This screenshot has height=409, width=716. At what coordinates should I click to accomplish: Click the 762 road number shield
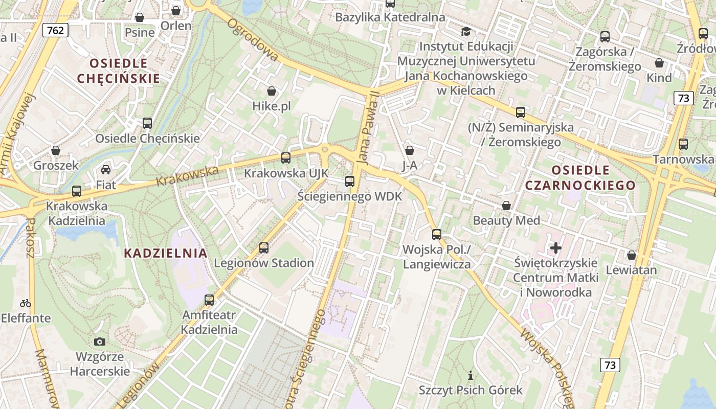(55, 30)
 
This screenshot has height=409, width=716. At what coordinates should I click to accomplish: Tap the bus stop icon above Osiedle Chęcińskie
(147, 123)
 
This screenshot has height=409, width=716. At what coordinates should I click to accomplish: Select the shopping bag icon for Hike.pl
(271, 92)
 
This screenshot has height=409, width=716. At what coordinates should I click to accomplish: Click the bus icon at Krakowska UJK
(286, 158)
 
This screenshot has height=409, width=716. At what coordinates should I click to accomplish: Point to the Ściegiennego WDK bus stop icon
(350, 181)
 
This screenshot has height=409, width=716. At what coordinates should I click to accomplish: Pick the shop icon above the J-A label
(409, 150)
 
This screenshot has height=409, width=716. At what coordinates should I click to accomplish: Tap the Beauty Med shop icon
(506, 206)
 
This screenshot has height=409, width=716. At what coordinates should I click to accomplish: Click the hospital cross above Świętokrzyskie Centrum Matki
(555, 248)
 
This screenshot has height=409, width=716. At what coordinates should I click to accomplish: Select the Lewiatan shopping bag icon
(631, 255)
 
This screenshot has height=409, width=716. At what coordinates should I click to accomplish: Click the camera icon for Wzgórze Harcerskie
(100, 342)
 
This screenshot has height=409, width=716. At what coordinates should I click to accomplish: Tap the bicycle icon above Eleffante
(26, 303)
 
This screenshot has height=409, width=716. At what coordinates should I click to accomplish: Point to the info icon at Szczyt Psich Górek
(471, 376)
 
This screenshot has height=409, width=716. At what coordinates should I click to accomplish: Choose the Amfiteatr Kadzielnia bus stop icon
(209, 300)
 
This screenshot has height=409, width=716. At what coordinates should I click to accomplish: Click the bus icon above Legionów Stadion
(264, 248)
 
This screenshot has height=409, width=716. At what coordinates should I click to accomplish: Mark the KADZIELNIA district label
(166, 253)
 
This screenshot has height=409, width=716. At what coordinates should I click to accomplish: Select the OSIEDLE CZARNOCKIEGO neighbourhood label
(580, 177)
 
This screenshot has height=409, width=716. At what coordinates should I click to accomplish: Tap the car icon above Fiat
(106, 170)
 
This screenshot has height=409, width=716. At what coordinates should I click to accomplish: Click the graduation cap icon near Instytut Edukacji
(465, 32)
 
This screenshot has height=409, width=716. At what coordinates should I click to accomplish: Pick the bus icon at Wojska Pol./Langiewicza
(436, 235)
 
